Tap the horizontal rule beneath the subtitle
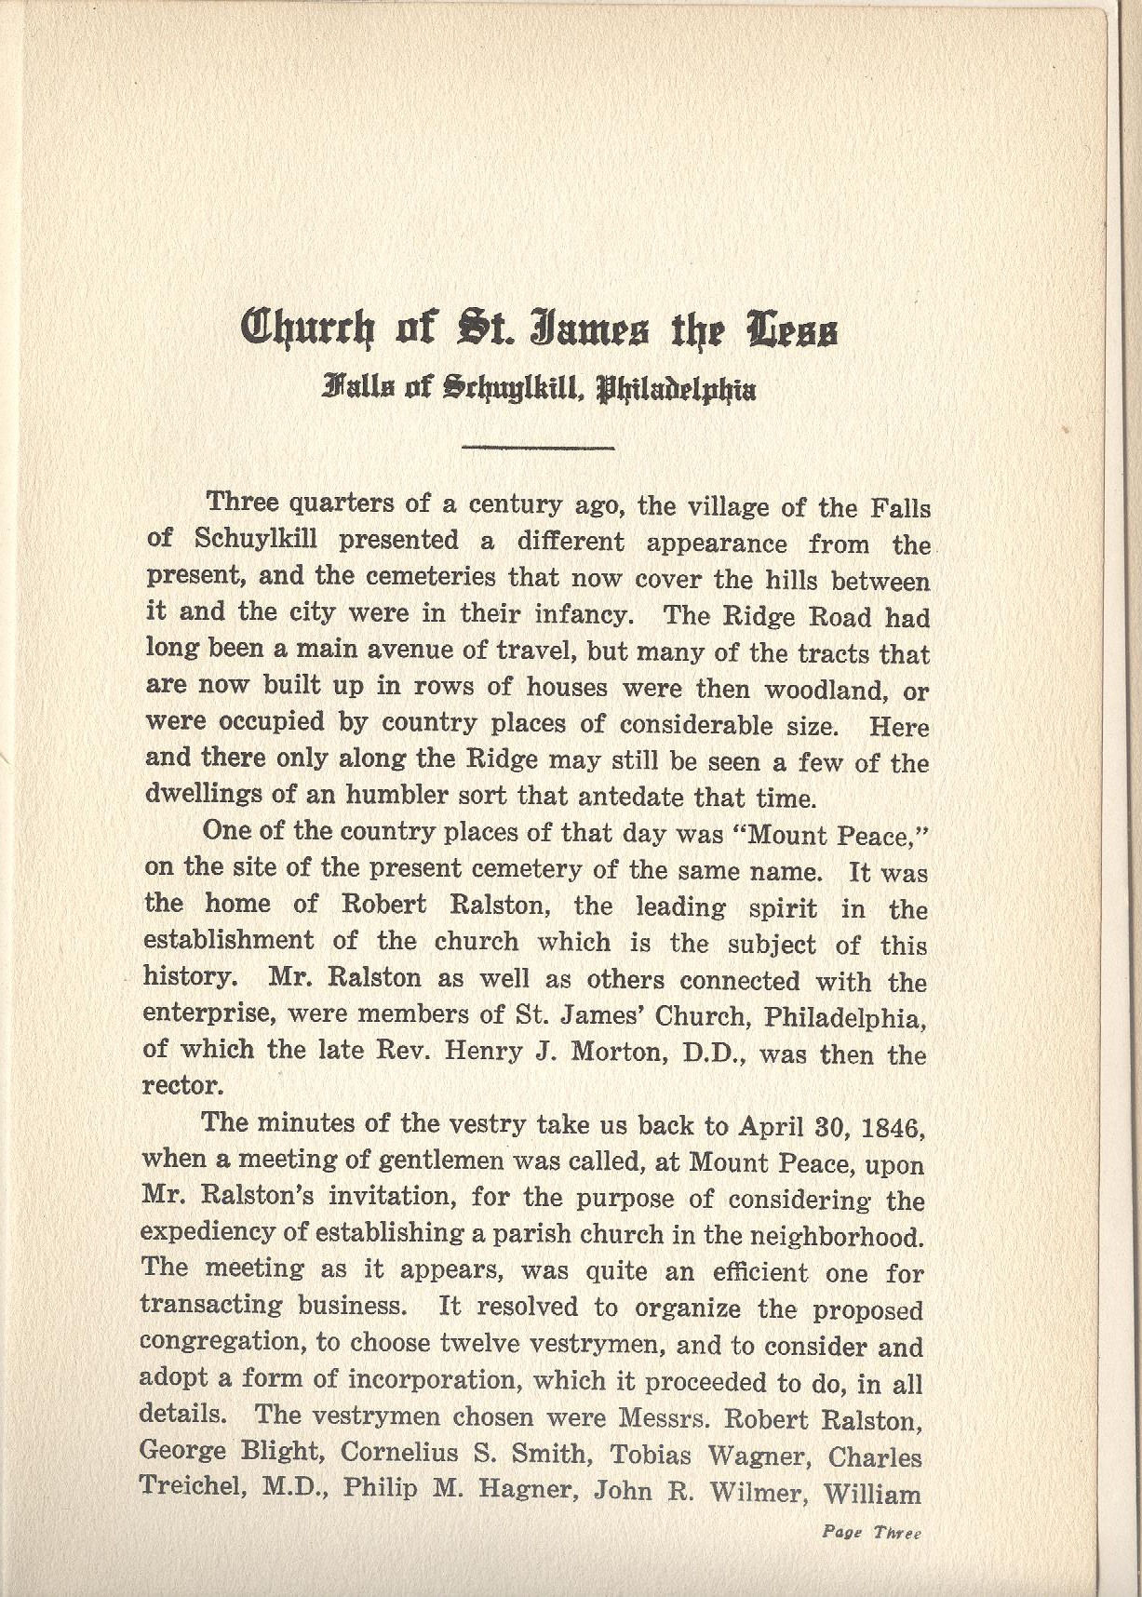click(538, 449)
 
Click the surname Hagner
click(526, 1489)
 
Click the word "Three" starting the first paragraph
click(242, 503)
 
